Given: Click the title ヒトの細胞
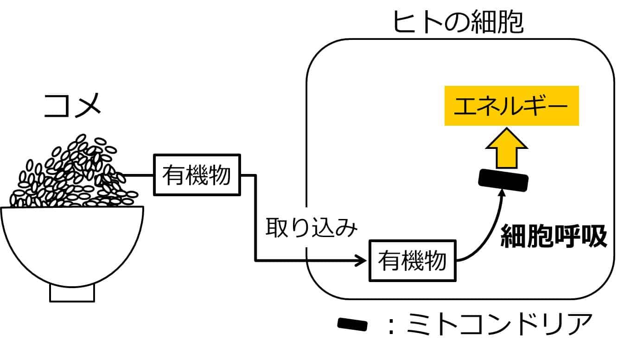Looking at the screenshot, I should (458, 22).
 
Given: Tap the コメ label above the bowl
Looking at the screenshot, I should (72, 106).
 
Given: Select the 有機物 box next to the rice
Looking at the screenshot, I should (197, 175).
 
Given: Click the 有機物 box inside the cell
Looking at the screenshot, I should (412, 260).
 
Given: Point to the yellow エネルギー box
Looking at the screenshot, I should (511, 105).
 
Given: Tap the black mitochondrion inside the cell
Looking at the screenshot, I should (503, 180).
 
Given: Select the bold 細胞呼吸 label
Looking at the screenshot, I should (554, 238).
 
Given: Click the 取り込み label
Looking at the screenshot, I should (312, 229).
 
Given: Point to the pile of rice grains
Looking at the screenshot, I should (70, 176).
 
